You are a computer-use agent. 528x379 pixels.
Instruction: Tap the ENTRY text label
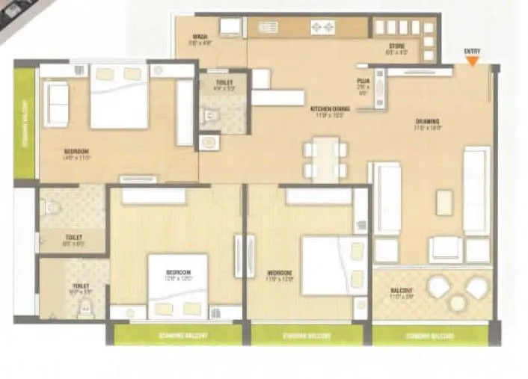472,51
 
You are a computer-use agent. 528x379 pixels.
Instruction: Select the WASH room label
200,37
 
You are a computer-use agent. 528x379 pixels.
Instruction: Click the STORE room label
397,46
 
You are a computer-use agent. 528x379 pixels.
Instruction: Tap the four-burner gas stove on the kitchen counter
322,27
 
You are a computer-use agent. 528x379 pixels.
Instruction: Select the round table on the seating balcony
458,300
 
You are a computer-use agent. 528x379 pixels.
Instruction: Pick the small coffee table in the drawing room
444,203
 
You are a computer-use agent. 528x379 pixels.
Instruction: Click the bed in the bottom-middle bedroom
177,286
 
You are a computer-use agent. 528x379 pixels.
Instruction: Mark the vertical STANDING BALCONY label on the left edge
25,123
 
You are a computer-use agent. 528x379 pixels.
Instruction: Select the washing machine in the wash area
230,27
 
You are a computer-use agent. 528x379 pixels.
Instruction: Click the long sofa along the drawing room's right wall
476,191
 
